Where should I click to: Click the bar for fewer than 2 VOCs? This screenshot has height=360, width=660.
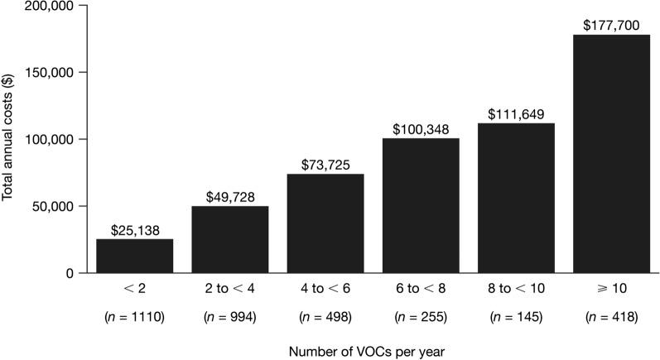(x=135, y=256)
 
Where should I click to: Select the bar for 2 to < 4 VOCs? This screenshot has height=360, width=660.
(x=230, y=239)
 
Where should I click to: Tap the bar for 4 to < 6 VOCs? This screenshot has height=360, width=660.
(x=325, y=223)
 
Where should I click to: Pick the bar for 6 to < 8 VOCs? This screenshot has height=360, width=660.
(x=421, y=205)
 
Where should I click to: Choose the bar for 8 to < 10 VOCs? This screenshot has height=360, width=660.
(x=516, y=198)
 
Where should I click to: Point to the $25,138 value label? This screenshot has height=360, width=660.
(x=135, y=231)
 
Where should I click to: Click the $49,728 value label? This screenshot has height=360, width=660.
(x=230, y=198)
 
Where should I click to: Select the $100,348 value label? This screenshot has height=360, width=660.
(x=421, y=130)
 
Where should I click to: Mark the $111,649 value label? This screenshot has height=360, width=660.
(x=516, y=114)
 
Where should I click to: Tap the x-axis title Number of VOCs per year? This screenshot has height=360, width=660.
(x=373, y=351)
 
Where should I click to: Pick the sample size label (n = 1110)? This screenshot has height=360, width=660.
(x=135, y=316)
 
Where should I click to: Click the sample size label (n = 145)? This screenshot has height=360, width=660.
(x=516, y=316)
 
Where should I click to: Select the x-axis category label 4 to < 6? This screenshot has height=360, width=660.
(x=325, y=290)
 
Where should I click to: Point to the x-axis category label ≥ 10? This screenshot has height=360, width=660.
(x=611, y=290)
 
